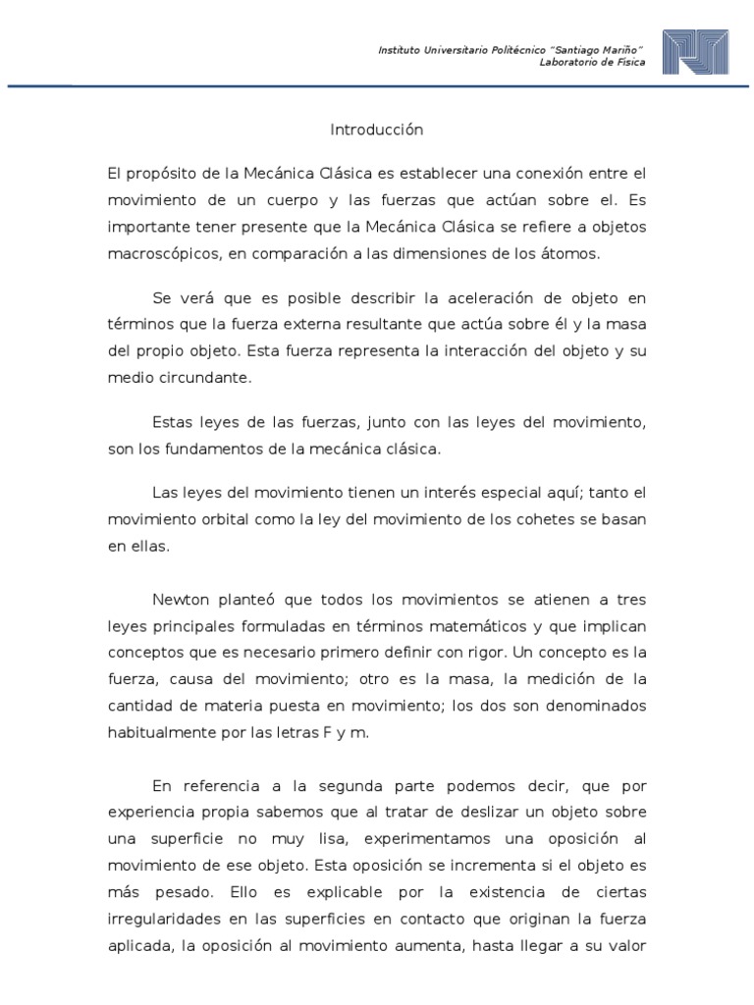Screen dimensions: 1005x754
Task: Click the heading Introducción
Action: click(376, 130)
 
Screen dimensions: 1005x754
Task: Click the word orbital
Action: click(222, 519)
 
